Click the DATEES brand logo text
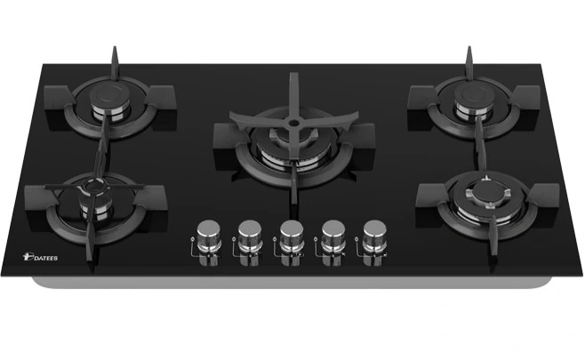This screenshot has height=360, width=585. point(40,258)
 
